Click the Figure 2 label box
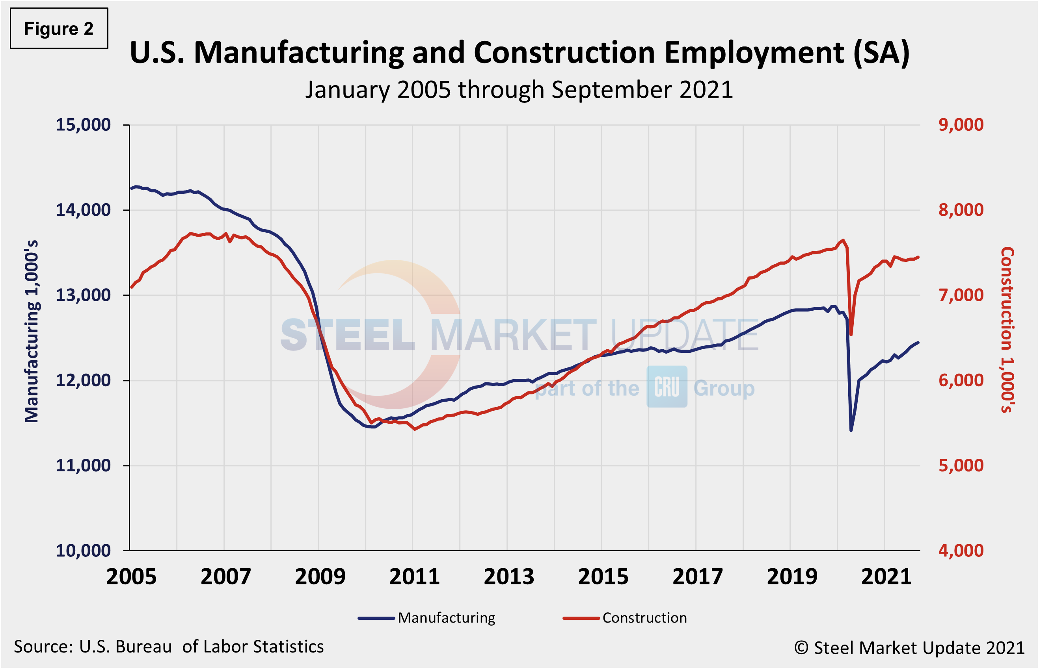(x=59, y=29)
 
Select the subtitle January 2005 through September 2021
(x=519, y=90)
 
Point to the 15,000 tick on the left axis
(x=83, y=125)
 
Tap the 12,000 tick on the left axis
(x=83, y=380)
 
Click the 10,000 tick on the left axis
(x=83, y=551)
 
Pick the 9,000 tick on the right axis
(x=961, y=125)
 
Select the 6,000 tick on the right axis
(x=961, y=380)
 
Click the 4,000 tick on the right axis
(x=961, y=551)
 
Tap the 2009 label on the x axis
(x=320, y=577)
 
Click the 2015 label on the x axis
(x=603, y=577)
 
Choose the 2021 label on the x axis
(x=886, y=577)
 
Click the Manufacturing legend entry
(x=446, y=618)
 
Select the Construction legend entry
(x=644, y=618)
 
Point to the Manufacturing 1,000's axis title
(x=32, y=331)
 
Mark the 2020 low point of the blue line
(x=851, y=430)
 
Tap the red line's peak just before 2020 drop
(x=843, y=240)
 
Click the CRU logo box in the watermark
(x=667, y=386)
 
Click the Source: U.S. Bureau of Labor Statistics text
(x=169, y=647)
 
